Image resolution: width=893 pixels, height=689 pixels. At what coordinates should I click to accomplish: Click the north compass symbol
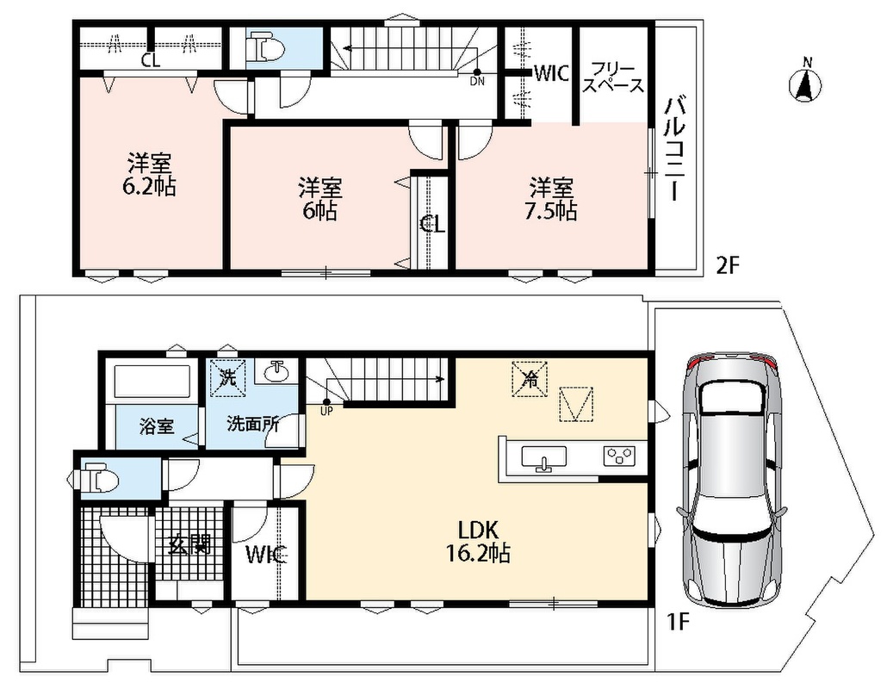coord(805,82)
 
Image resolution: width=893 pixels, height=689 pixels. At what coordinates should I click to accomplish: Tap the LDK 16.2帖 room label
coord(477,542)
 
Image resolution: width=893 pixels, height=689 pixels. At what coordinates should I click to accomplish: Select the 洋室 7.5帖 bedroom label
coord(550,199)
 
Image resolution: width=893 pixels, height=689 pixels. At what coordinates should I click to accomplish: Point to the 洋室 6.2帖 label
coord(149,175)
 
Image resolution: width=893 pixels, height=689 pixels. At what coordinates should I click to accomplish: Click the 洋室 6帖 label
coord(320,199)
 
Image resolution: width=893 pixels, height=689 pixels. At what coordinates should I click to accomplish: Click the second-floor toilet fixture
coord(268,49)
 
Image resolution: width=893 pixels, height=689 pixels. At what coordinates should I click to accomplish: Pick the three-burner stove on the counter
coord(620,456)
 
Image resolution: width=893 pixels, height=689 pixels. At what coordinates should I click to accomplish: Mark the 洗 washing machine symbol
coord(228,378)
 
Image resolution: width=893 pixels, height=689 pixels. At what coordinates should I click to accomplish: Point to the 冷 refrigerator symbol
coord(530,380)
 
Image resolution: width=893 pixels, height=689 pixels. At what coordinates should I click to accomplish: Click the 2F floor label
coord(727,265)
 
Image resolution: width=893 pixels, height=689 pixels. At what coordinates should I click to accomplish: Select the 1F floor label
coord(679,623)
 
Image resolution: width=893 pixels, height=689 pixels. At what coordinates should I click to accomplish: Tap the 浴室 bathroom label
coord(157,426)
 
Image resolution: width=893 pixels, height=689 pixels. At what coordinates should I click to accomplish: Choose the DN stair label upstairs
coord(477,82)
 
